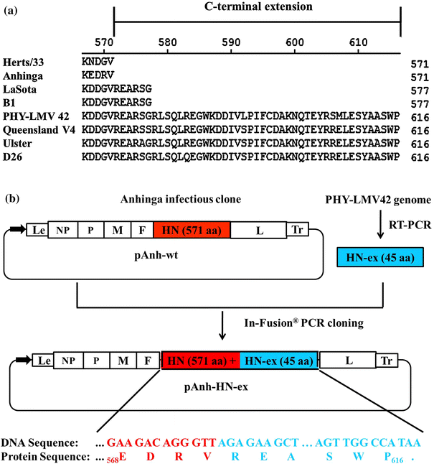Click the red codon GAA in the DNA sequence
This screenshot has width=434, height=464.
coord(120,441)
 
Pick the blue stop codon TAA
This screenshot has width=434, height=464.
coord(410,441)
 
